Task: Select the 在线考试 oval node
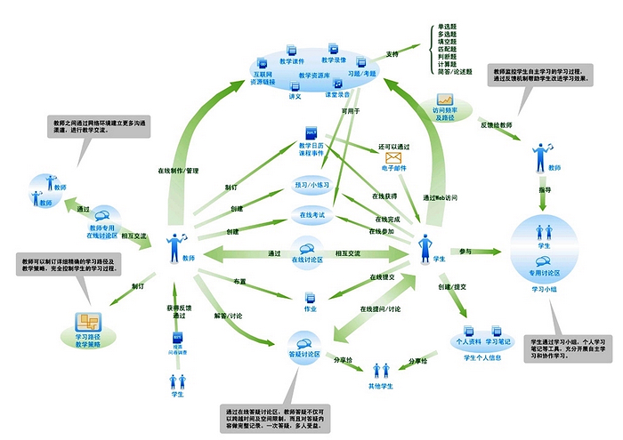311,214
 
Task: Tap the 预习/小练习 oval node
311,185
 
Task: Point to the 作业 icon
311,297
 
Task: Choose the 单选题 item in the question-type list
448,28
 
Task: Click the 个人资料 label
469,340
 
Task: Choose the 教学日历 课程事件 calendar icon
311,132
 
